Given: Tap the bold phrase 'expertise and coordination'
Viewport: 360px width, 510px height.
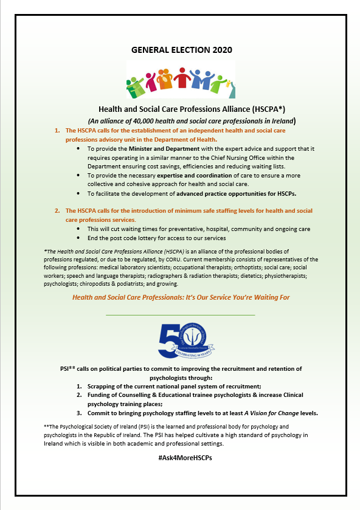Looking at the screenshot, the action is (x=198, y=175).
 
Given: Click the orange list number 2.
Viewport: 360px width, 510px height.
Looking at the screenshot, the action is (x=57, y=210).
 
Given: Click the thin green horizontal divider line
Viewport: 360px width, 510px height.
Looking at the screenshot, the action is (x=180, y=315).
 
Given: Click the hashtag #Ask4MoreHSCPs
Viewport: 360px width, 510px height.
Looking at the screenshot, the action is (x=180, y=457).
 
